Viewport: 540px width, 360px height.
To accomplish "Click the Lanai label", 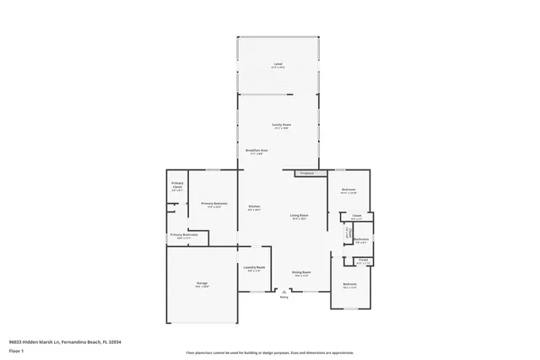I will tap(278, 64).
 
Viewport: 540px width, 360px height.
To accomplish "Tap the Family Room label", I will tap(281, 126).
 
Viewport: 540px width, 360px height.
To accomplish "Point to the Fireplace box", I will tap(305, 174).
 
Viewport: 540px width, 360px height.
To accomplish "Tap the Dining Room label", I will tap(302, 272).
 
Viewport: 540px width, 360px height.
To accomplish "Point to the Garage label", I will tap(202, 283).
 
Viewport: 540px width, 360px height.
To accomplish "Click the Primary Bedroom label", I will tap(215, 204).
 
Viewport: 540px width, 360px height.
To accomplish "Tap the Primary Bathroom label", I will tap(184, 236).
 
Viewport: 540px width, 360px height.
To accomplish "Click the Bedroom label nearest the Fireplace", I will tap(348, 191).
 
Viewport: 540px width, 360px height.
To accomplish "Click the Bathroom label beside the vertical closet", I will tap(362, 239).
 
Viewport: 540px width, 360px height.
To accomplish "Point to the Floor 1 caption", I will tap(15, 350).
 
